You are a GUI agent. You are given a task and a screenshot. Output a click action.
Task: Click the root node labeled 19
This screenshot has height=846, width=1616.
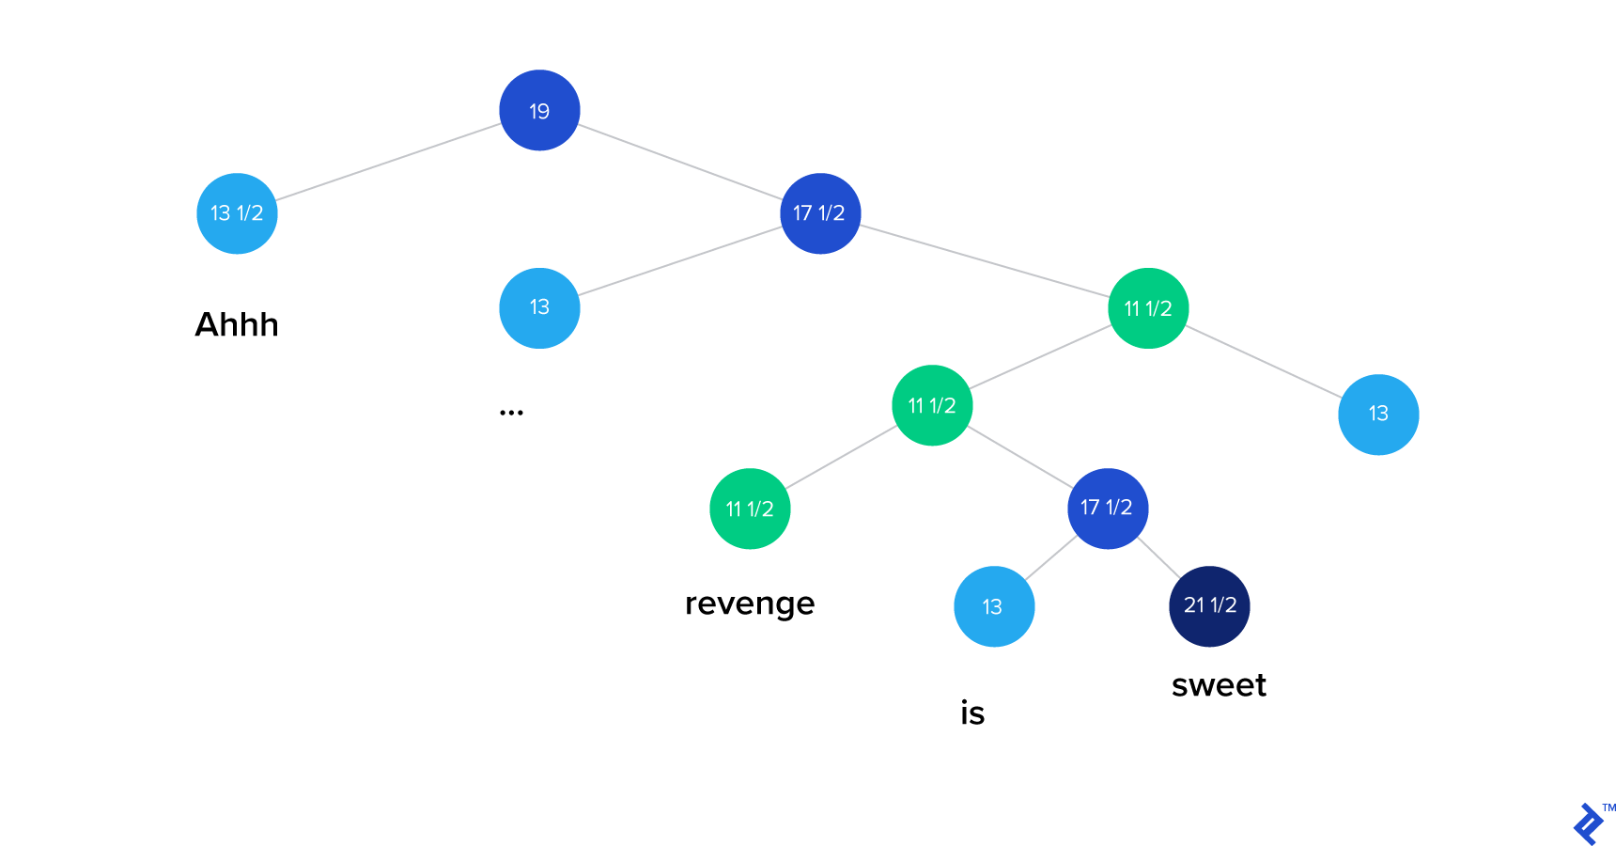click(x=539, y=110)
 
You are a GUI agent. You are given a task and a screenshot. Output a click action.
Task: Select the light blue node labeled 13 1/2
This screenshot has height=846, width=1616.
click(x=237, y=213)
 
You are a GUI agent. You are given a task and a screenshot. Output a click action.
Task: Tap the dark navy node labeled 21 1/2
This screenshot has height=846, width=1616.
click(x=1209, y=606)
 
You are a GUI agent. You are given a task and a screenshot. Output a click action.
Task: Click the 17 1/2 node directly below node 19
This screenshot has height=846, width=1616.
click(x=820, y=213)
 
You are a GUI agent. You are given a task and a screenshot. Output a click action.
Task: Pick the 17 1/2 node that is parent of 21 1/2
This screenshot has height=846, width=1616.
click(x=1108, y=509)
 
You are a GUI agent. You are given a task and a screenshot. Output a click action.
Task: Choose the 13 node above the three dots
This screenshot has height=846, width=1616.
click(x=539, y=308)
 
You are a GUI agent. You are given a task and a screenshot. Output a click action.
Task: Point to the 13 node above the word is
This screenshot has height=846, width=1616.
click(x=994, y=606)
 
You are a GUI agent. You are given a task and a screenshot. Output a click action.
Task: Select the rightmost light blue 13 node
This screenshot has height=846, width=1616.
click(x=1378, y=415)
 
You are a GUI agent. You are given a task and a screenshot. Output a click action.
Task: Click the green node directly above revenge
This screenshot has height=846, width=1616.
click(x=750, y=509)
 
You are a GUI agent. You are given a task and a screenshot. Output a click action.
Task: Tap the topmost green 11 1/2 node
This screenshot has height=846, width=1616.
click(x=1148, y=308)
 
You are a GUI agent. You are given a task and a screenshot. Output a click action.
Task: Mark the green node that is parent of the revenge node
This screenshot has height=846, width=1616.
click(x=932, y=405)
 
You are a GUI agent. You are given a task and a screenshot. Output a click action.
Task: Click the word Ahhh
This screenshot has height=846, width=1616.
click(x=237, y=324)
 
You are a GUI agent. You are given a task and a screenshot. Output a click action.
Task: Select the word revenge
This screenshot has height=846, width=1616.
click(x=750, y=603)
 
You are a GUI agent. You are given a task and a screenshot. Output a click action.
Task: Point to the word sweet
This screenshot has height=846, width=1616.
click(x=1219, y=685)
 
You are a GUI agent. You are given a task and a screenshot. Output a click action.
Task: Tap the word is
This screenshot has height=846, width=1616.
click(x=972, y=713)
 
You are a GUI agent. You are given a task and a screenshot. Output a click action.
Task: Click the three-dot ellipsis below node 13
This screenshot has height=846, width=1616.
click(x=511, y=413)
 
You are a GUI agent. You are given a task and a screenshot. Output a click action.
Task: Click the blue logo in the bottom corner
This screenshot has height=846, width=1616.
click(x=1588, y=824)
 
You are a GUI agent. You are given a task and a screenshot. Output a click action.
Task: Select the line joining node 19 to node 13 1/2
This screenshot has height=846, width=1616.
click(x=388, y=162)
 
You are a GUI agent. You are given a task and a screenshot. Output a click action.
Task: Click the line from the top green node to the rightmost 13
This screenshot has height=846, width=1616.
click(x=1265, y=362)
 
